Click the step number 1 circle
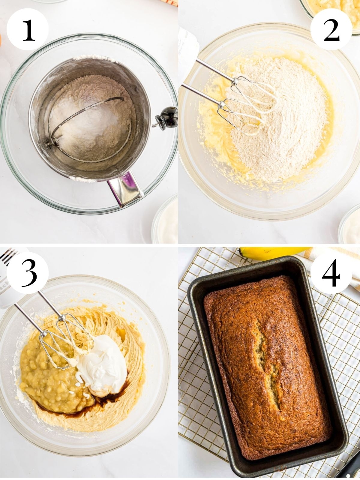pos(28,29)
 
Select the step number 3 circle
pos(28,272)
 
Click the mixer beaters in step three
pos(60,339)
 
